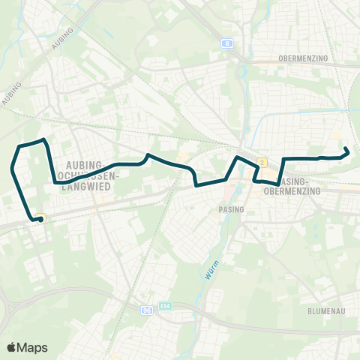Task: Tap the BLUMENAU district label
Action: [x=325, y=310]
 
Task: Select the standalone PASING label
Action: [x=231, y=209]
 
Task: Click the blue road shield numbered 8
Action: [x=226, y=43]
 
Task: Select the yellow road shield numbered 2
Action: [x=262, y=162]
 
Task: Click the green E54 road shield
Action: [x=165, y=306]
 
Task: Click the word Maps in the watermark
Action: [x=33, y=347]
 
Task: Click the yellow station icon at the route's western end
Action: [x=43, y=218]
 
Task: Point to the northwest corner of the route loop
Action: [x=19, y=144]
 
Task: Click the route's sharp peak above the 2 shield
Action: [x=237, y=157]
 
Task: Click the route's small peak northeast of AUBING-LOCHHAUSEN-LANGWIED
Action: [x=148, y=155]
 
